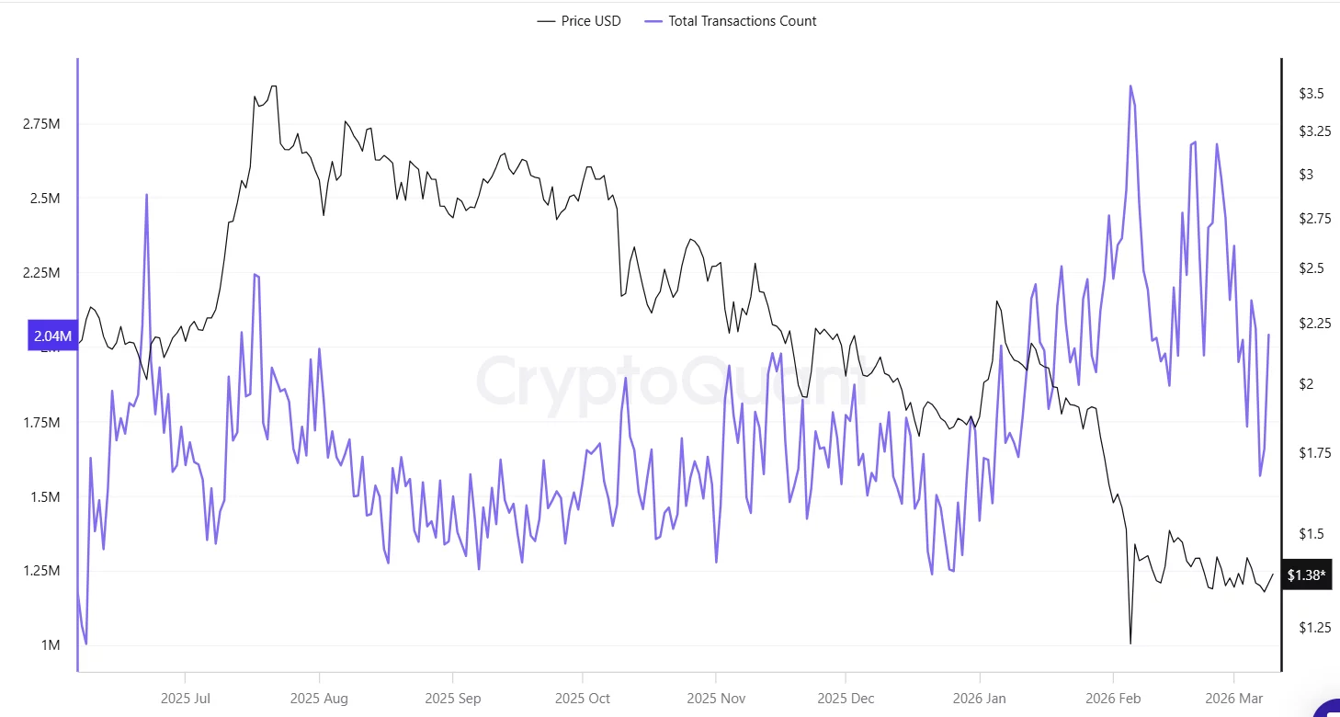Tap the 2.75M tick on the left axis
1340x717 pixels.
[41, 124]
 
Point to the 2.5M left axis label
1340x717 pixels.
[44, 199]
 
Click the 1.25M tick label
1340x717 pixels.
[41, 571]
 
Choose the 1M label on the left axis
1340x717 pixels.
[49, 645]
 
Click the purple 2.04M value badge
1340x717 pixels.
[51, 336]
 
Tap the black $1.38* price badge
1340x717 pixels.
[1306, 575]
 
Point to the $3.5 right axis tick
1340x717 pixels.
[1311, 94]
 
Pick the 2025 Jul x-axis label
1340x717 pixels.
[186, 699]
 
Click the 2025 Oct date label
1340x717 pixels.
[583, 699]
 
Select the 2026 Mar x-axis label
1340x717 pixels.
[1234, 699]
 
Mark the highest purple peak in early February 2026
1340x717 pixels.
[1130, 85]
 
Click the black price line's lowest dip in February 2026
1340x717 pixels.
[1130, 643]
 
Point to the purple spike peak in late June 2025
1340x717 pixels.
[146, 195]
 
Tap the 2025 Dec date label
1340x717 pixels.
[847, 699]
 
